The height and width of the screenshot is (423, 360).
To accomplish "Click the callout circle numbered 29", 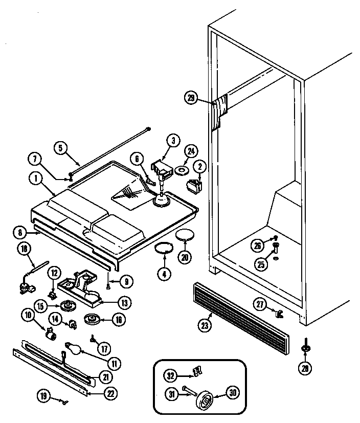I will (191, 99).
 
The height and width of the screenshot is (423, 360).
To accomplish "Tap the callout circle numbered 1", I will (36, 179).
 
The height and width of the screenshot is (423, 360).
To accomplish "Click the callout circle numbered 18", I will (24, 249).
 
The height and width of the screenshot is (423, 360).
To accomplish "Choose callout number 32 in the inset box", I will (171, 376).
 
